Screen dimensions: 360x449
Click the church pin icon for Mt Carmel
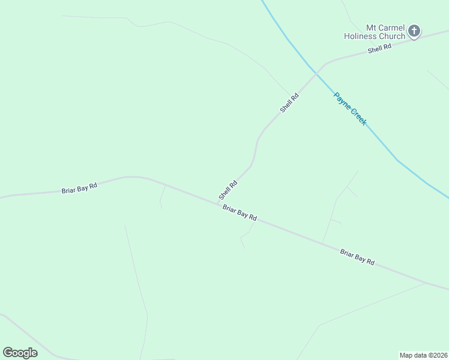click(414, 31)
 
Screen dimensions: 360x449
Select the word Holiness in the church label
click(360, 36)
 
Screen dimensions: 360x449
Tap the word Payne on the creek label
click(341, 100)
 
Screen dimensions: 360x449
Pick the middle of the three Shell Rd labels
click(289, 103)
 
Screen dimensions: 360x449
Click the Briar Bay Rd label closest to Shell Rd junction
click(240, 213)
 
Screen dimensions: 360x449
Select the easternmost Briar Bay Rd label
click(357, 258)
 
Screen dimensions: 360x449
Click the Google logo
click(20, 353)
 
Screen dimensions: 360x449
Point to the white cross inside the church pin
click(414, 30)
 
